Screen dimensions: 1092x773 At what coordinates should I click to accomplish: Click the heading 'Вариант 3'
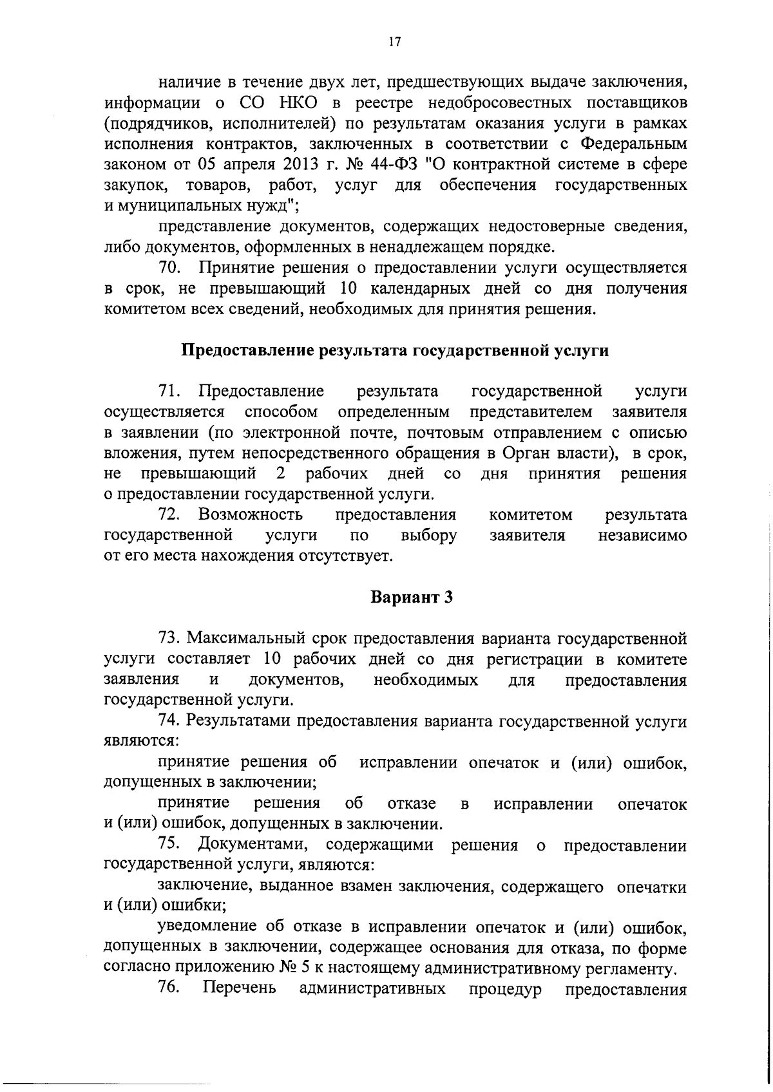click(x=412, y=597)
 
